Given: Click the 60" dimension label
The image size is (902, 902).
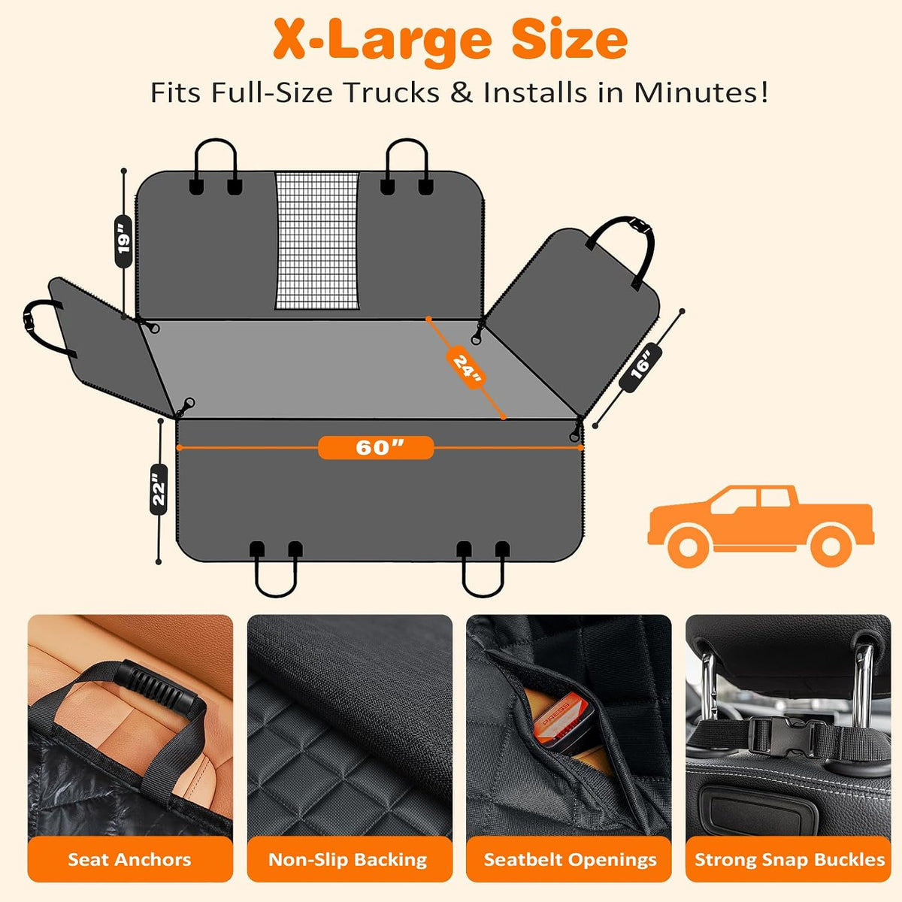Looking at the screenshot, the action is point(376,447).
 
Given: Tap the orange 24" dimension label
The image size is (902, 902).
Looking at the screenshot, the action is point(466,368).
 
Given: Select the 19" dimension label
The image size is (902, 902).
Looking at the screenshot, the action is point(123,241).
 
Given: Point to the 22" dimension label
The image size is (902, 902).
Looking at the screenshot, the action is point(159,489).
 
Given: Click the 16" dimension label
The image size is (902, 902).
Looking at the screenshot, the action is point(640,367).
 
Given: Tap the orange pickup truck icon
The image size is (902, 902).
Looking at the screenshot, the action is point(761,525).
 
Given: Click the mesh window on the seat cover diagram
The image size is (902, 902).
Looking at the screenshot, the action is point(317,241).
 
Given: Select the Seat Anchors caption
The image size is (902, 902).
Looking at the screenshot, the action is point(129,859).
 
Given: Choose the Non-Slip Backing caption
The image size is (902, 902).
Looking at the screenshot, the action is point(348,859).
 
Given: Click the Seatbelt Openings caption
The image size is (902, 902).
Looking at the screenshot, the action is point(570,860).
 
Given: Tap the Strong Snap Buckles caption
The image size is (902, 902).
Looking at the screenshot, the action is point(790,860).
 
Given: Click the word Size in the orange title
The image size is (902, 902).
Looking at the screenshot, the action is point(569,40).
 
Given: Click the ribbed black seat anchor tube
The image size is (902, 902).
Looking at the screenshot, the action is point(156,688).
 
